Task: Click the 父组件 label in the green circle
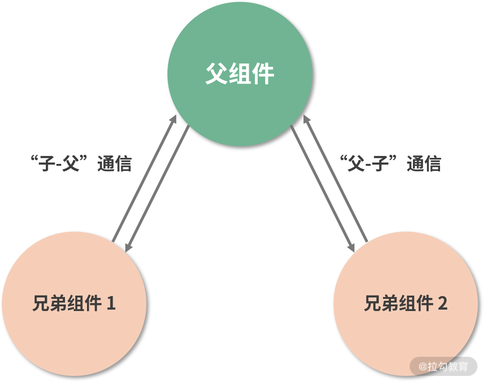(239, 74)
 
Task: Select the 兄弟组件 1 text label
(74, 304)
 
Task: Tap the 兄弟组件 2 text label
(405, 304)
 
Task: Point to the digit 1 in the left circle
(111, 304)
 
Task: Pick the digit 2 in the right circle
(442, 304)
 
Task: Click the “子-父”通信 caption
(81, 164)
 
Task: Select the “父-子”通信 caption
(390, 164)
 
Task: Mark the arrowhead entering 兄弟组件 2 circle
(351, 247)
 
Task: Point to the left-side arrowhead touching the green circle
(173, 119)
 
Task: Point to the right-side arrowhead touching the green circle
(306, 119)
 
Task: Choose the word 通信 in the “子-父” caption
(115, 164)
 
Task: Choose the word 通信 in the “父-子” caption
(424, 164)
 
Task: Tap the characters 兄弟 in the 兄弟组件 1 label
(50, 304)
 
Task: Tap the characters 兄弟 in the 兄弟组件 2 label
(381, 304)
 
